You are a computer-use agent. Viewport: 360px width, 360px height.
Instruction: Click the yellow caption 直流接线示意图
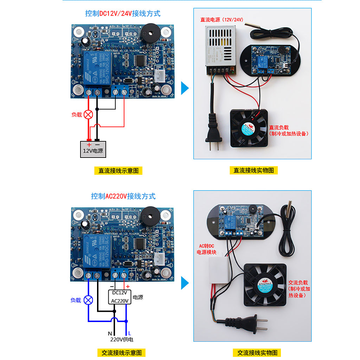click(x=118, y=171)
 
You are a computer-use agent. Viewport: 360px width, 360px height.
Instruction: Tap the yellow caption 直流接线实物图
click(x=253, y=171)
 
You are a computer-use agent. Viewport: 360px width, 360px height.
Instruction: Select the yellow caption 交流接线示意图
click(x=121, y=353)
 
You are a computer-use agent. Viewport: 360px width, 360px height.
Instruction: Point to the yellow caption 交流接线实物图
click(x=257, y=353)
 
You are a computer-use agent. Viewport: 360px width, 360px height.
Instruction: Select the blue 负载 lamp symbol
click(x=89, y=300)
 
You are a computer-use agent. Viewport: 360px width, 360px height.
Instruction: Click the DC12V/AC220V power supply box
click(x=120, y=297)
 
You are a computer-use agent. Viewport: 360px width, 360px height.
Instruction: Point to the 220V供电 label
click(x=122, y=340)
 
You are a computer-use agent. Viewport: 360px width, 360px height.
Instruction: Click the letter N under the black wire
click(x=110, y=333)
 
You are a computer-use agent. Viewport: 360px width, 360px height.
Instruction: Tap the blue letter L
click(x=129, y=333)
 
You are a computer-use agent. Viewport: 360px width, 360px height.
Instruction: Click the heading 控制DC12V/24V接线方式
click(x=123, y=14)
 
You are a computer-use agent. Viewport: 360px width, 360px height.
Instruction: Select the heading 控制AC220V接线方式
click(x=123, y=196)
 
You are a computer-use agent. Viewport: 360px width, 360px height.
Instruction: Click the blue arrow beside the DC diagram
click(x=185, y=88)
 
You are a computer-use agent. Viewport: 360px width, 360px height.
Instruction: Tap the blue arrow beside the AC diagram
click(x=185, y=283)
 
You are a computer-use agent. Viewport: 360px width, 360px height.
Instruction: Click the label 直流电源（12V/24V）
click(x=222, y=20)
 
